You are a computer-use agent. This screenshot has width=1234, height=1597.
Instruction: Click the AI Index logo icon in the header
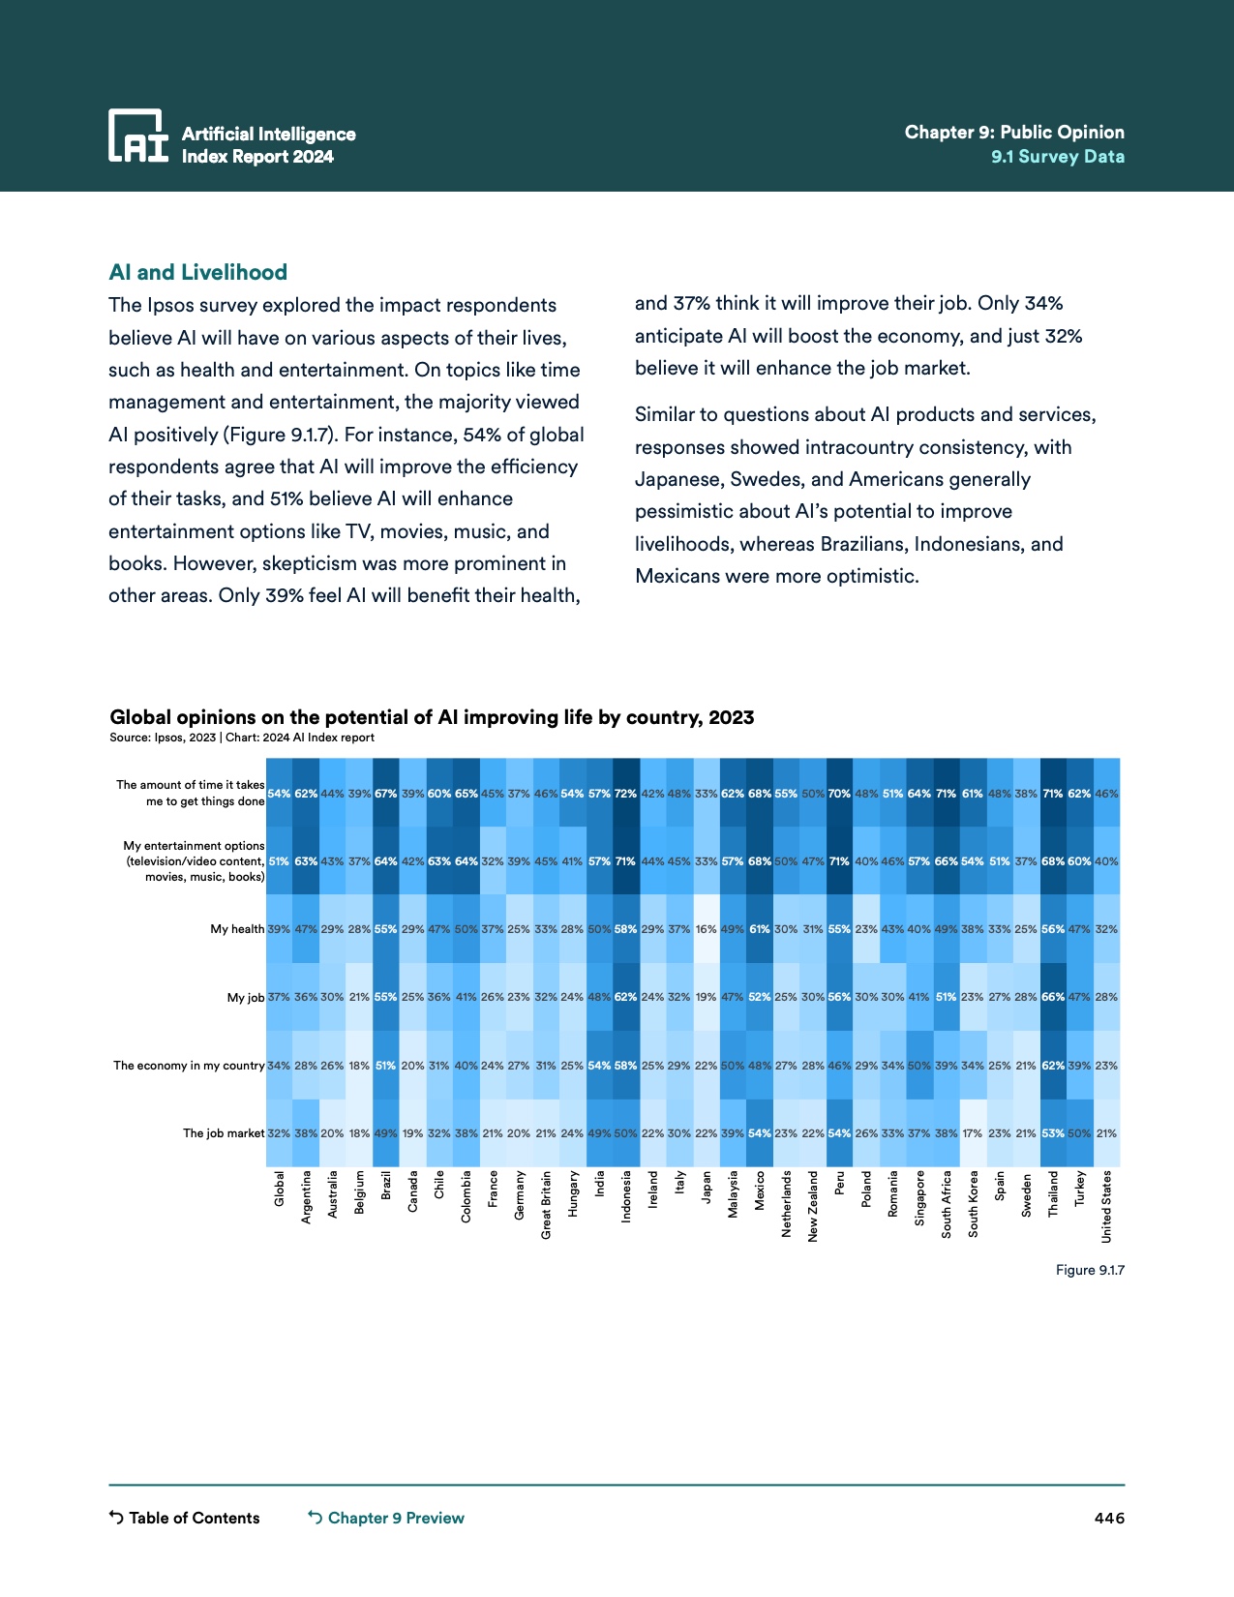(x=137, y=135)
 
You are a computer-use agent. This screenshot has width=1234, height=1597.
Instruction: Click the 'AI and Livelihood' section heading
(x=198, y=272)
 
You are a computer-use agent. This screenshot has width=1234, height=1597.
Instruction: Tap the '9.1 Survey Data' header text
(x=1057, y=157)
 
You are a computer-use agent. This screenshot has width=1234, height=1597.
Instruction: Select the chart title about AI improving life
(x=432, y=717)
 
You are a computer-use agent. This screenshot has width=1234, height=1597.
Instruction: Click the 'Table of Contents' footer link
(x=185, y=1518)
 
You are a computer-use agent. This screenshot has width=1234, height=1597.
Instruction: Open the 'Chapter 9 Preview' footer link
(x=386, y=1518)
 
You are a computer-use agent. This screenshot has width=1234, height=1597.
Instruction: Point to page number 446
(x=1109, y=1518)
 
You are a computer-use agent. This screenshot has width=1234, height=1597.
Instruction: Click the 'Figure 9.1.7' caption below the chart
(x=1090, y=1270)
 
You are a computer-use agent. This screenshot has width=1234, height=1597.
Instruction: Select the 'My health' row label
(x=237, y=929)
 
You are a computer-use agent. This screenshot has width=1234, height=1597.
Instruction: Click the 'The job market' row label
(x=224, y=1133)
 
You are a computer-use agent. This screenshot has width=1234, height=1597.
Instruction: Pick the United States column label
(x=1106, y=1206)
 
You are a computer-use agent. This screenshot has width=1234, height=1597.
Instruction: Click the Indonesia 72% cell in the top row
(x=626, y=794)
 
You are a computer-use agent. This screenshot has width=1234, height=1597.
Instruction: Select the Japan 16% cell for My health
(x=707, y=929)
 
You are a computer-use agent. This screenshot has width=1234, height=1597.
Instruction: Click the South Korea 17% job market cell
(x=973, y=1133)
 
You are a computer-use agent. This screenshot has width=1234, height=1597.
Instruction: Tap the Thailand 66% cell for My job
(x=1053, y=997)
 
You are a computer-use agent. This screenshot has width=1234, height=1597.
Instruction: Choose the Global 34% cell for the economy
(x=279, y=1066)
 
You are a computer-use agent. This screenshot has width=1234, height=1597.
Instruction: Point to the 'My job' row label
(x=246, y=997)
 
